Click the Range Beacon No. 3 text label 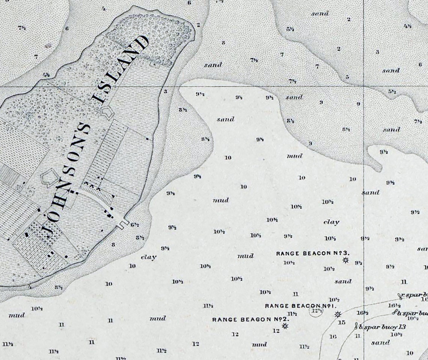tap(313, 253)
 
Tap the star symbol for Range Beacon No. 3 tap(345, 260)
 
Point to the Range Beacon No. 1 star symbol tap(338, 314)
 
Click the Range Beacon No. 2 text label tap(250, 319)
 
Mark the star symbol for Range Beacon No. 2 tap(285, 326)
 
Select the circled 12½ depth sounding tap(316, 311)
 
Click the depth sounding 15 tap(342, 322)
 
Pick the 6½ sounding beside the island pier tap(135, 225)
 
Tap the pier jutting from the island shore tap(122, 223)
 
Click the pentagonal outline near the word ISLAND tap(108, 112)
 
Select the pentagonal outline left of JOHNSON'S tap(48, 178)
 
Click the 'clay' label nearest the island tap(148, 257)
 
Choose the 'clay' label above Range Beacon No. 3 tap(331, 222)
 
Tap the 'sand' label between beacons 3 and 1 tap(343, 281)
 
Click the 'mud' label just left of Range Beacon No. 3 tap(246, 256)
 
